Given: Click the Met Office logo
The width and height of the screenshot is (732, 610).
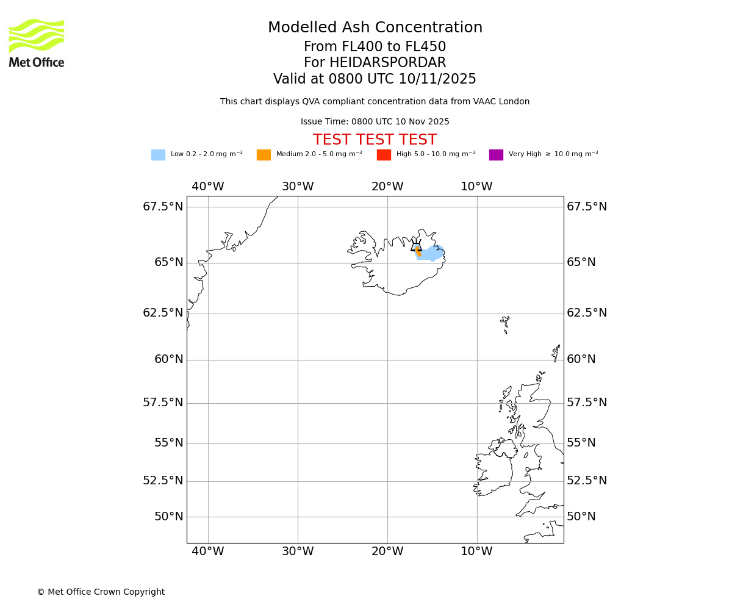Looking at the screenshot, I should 37,43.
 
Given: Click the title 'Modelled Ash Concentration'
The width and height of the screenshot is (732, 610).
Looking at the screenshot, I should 375,28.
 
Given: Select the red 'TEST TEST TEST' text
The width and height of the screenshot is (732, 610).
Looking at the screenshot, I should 375,140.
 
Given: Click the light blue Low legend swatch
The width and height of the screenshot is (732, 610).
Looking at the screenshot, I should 158,155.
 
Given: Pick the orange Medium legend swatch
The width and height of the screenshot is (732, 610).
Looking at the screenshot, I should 264,155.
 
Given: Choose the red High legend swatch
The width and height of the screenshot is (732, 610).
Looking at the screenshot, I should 384,155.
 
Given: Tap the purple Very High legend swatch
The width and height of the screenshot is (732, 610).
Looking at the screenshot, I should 496,155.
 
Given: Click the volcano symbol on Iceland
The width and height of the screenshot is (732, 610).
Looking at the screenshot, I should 417,246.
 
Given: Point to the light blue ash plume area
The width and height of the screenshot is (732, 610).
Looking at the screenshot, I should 432,253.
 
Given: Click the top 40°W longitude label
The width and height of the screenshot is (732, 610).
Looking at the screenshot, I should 208,187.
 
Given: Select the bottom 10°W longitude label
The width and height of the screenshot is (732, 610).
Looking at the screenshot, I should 476,551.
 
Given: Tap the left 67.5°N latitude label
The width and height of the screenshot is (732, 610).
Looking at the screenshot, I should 163,207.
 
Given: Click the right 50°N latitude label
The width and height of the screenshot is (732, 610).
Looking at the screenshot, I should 581,517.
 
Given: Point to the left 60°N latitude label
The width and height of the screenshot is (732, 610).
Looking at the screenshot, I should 168,359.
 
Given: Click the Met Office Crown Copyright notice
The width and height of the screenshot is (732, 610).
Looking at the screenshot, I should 101,592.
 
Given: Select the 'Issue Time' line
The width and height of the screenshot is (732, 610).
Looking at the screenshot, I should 375,122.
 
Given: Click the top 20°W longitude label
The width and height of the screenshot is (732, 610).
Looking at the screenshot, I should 387,187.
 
